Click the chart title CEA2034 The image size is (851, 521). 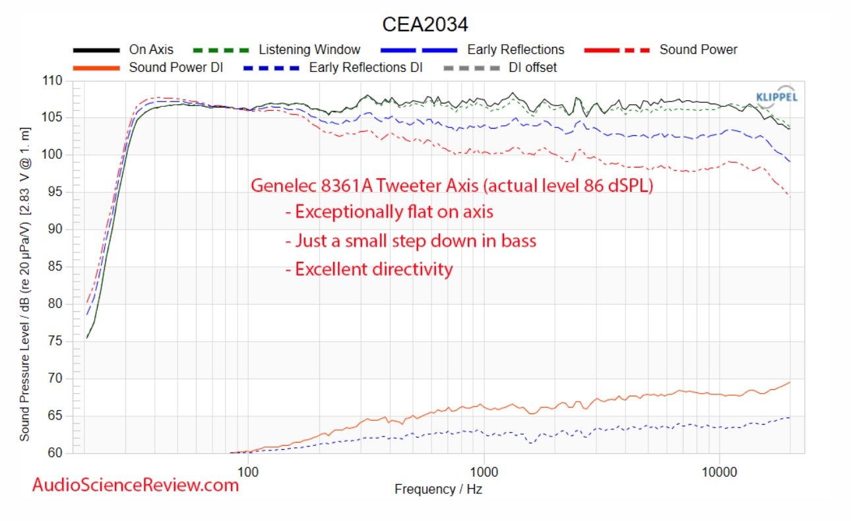[x=425, y=24]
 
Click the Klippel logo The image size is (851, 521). [x=776, y=96]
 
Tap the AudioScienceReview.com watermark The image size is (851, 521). [x=135, y=485]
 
